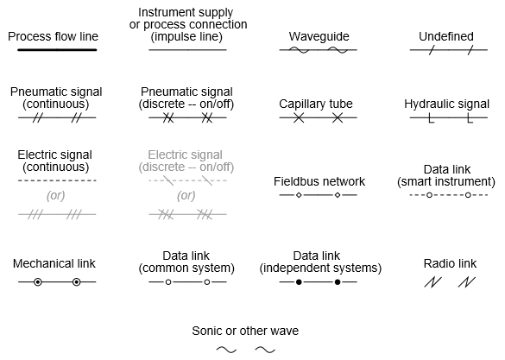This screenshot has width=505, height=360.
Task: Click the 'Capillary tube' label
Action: coord(316,104)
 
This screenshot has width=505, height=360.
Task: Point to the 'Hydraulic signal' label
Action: coord(446,104)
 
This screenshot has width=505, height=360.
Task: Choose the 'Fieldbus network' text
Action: coord(319,181)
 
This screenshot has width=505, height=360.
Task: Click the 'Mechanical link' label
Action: coord(54,263)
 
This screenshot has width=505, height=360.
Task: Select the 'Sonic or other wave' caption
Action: coord(246,331)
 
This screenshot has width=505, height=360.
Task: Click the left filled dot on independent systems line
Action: coord(299,282)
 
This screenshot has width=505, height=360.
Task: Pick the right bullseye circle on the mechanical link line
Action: coord(76,282)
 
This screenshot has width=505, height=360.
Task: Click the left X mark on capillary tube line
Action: coord(299,117)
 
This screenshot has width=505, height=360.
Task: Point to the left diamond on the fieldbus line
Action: coord(299,195)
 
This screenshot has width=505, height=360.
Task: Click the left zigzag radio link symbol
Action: coord(432,282)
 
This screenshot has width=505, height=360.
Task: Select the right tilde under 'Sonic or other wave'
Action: coord(265,350)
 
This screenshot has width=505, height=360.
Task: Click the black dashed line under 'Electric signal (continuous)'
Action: coord(57,180)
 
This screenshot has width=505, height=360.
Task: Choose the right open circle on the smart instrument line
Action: coord(468,195)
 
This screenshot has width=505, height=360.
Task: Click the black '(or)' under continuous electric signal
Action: coord(56,195)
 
